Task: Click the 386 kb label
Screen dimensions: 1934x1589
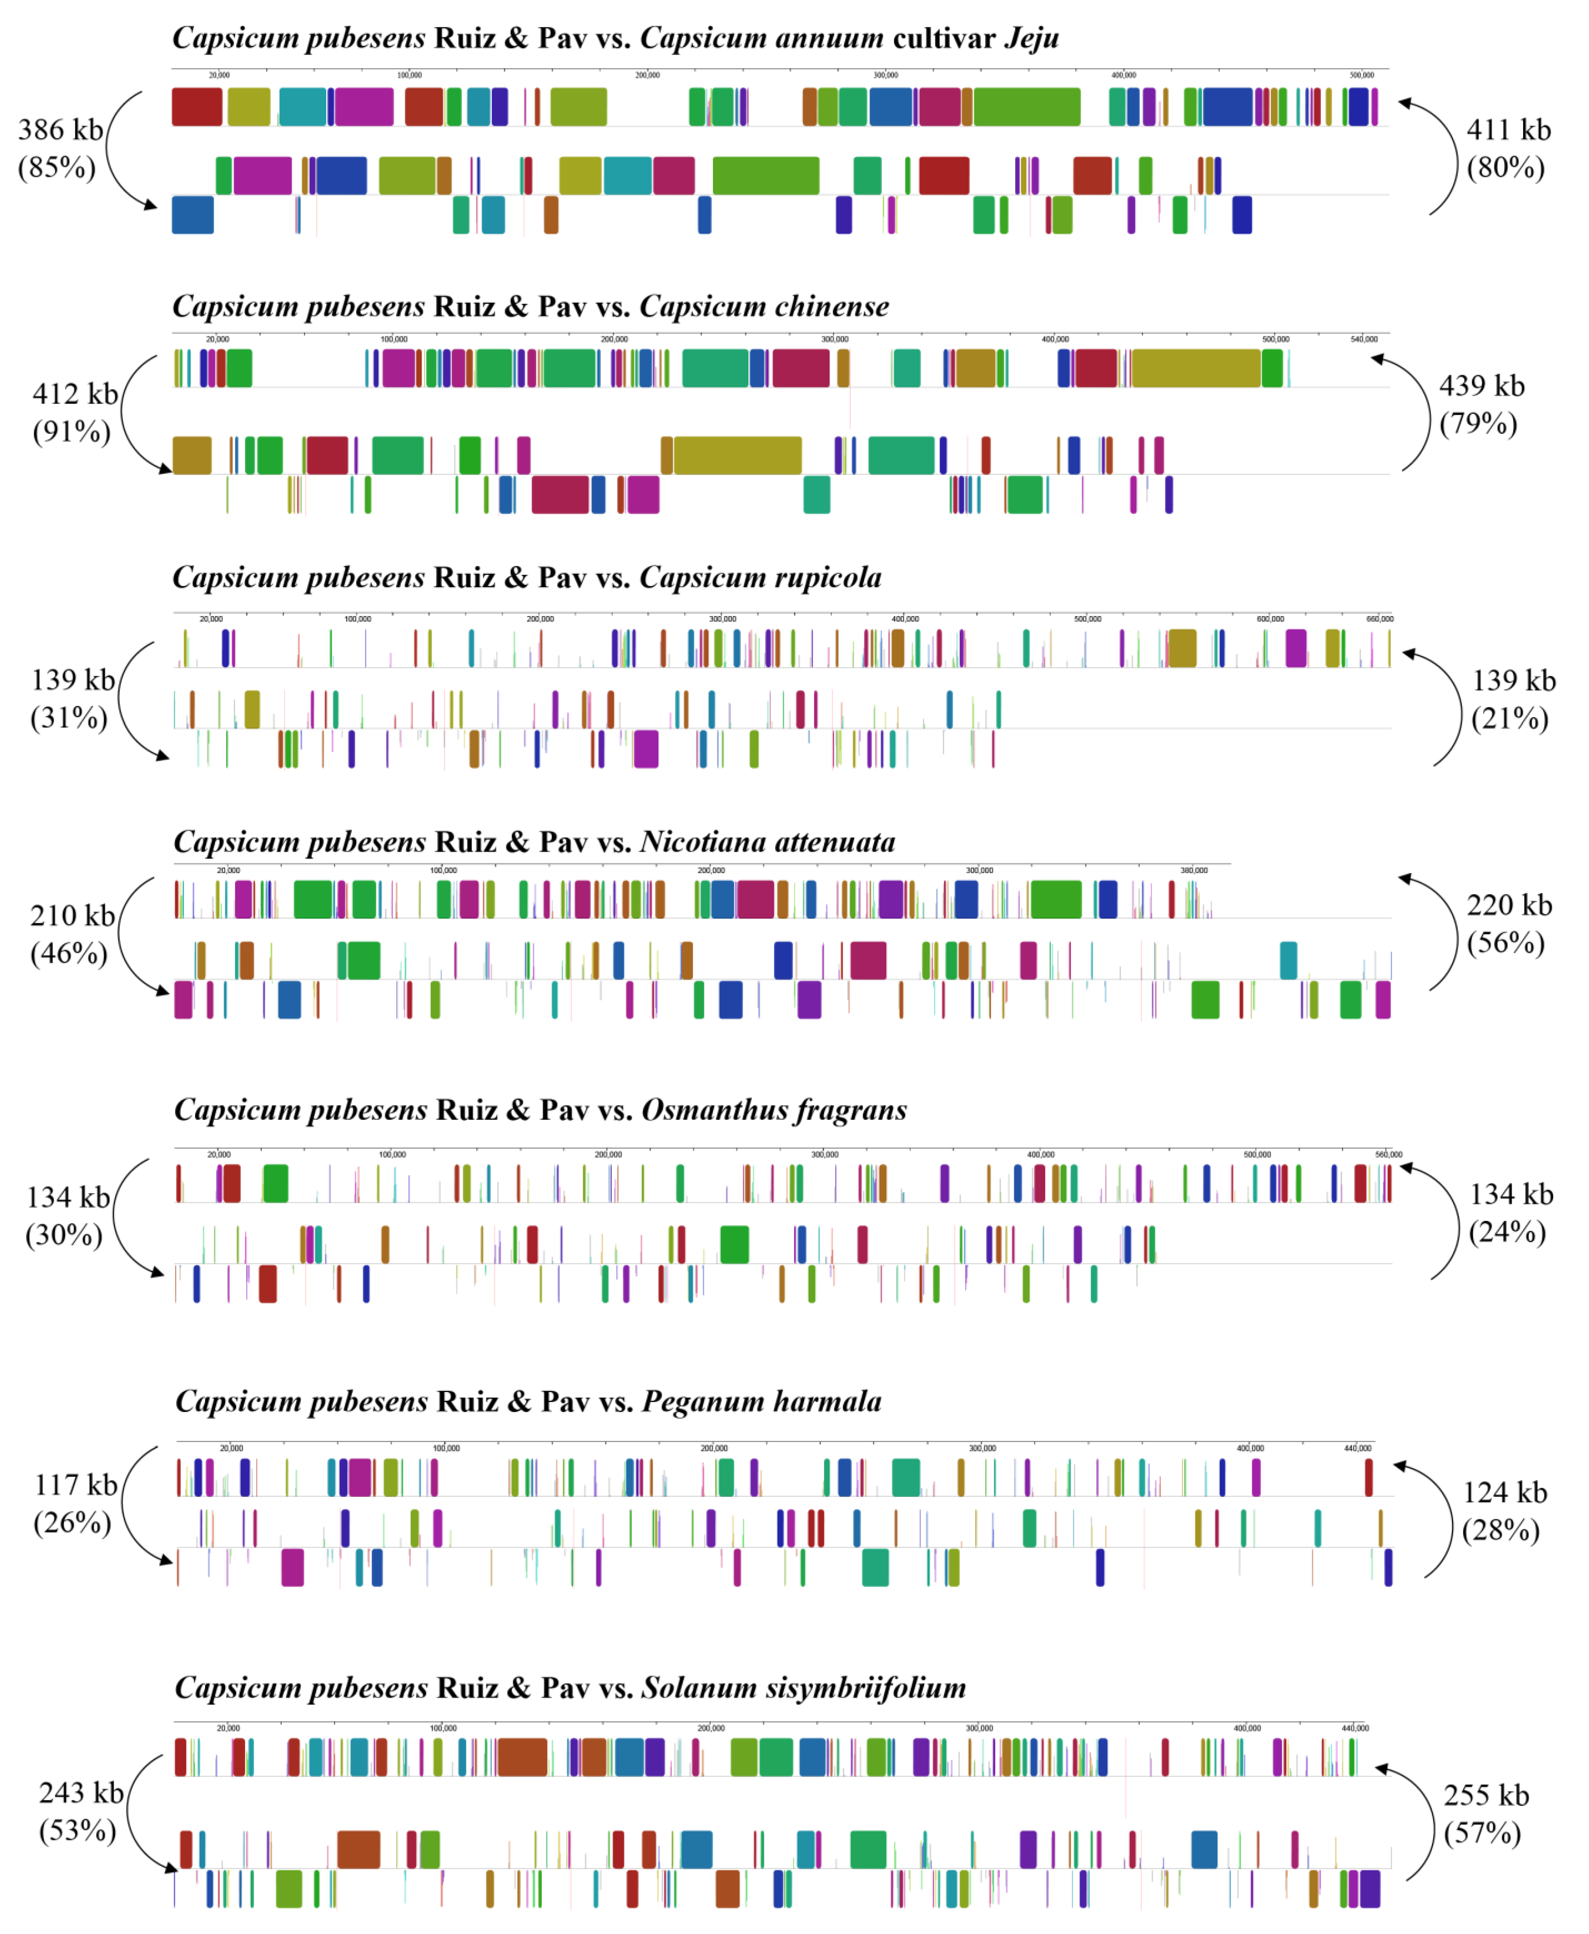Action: pos(60,130)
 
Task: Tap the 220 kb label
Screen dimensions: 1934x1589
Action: pos(1509,905)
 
